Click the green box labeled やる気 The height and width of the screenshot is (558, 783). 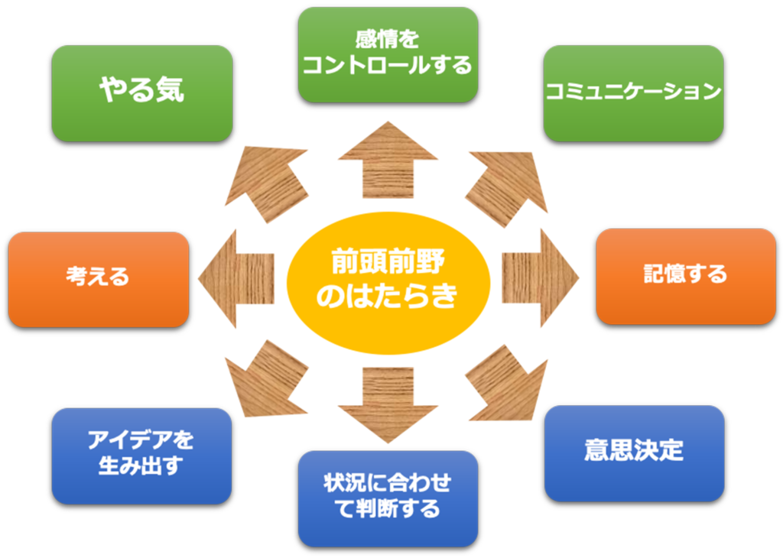pos(141,92)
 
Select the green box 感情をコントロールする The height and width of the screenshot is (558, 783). pos(388,54)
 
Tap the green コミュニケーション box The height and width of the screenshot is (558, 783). pos(633,92)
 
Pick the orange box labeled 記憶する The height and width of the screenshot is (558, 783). pos(685,276)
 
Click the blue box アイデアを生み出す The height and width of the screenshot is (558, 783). pos(141,455)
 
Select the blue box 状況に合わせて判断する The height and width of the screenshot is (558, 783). pos(388,498)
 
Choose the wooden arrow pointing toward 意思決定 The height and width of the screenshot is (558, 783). pos(508,382)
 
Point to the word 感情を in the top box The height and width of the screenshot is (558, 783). pos(388,37)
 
